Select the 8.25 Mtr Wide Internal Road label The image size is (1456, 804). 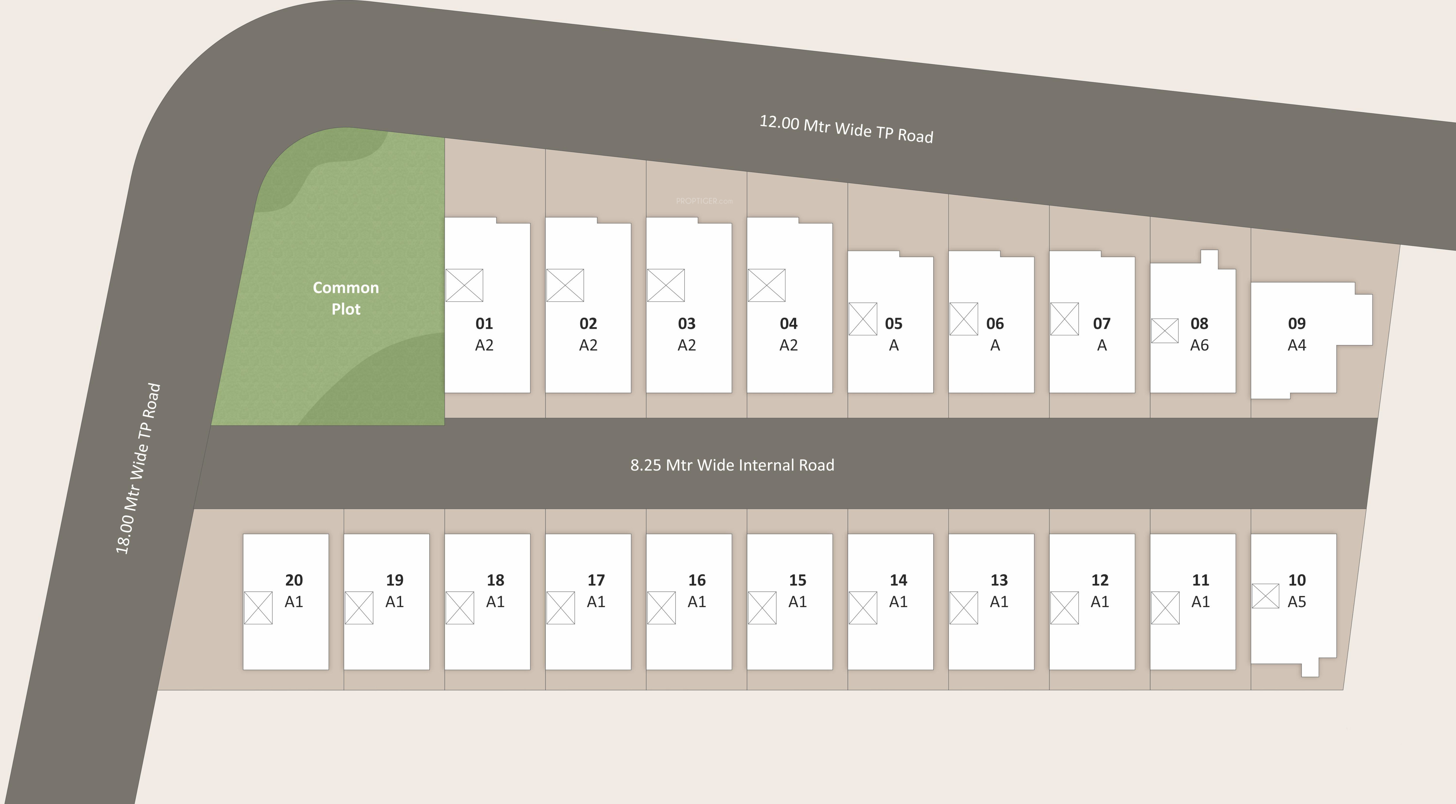[x=732, y=465]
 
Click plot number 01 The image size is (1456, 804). [x=484, y=324]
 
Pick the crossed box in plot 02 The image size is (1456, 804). [x=565, y=285]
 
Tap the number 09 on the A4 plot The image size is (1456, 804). [x=1297, y=324]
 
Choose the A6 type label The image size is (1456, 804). [x=1199, y=345]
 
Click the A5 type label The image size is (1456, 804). [x=1297, y=602]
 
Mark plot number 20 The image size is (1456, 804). [x=294, y=580]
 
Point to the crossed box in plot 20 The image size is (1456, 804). [x=258, y=608]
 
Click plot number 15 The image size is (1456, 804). [x=798, y=580]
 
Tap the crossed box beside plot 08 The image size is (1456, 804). [x=1165, y=331]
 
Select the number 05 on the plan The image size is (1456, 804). [x=894, y=324]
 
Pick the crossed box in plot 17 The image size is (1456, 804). [x=561, y=608]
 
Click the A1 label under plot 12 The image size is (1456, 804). [x=1099, y=602]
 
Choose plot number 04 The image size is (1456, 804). [x=789, y=324]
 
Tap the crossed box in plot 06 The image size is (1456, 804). [x=964, y=319]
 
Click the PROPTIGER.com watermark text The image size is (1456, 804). [x=704, y=200]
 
